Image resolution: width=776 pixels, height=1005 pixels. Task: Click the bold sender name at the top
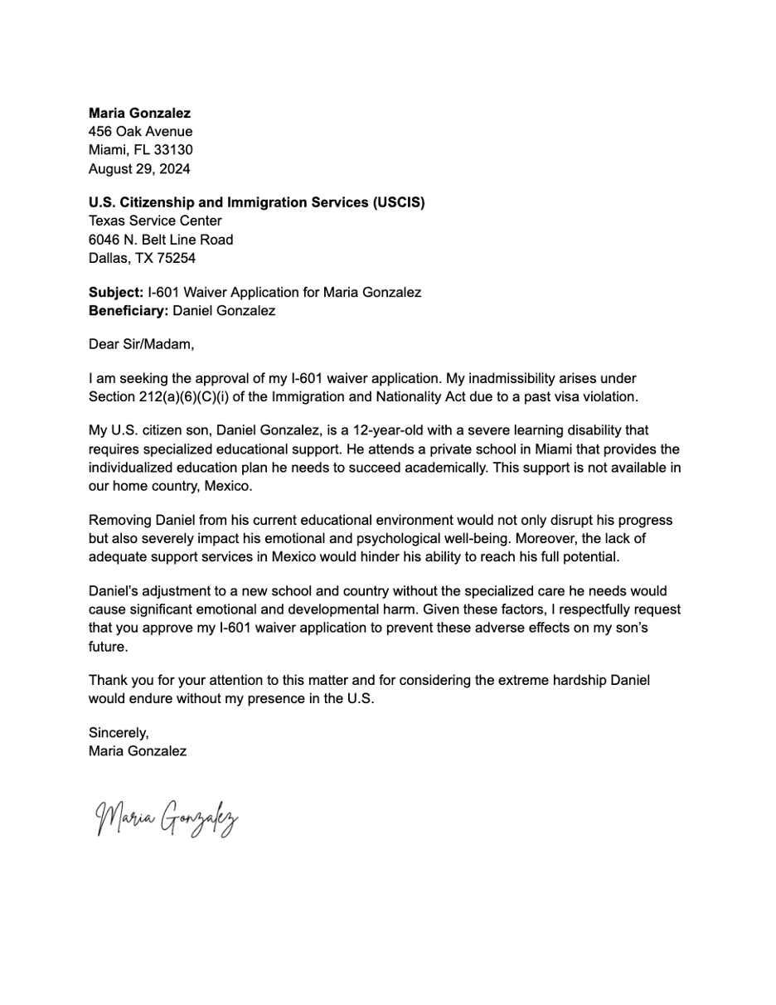click(x=139, y=113)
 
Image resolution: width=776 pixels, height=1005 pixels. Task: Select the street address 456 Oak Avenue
click(x=140, y=131)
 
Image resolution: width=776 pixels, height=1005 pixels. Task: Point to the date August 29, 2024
click(x=139, y=169)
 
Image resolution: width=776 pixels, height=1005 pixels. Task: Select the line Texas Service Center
click(x=155, y=221)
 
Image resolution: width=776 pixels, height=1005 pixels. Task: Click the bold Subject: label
click(x=116, y=292)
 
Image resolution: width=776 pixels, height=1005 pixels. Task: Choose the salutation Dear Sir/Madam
click(x=141, y=343)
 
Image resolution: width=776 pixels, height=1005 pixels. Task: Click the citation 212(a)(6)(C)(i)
click(x=189, y=396)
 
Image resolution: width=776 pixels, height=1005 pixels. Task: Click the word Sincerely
click(x=119, y=733)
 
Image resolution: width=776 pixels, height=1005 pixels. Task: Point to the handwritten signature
click(x=167, y=818)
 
